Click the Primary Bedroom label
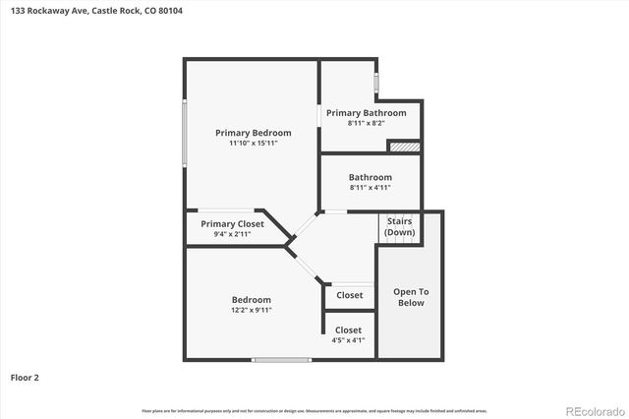pos(254,133)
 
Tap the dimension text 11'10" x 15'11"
pos(254,145)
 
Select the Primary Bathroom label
pos(366,113)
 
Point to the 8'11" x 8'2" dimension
pos(366,124)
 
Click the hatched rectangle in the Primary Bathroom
pos(404,147)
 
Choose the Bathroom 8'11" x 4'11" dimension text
pos(370,188)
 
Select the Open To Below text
pos(411,297)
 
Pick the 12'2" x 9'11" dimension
pos(252,310)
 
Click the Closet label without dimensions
pos(349,295)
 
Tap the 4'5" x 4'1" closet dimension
pos(349,340)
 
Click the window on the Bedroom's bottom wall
pos(282,360)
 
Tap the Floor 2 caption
pos(25,377)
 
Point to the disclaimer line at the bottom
pos(314,410)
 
